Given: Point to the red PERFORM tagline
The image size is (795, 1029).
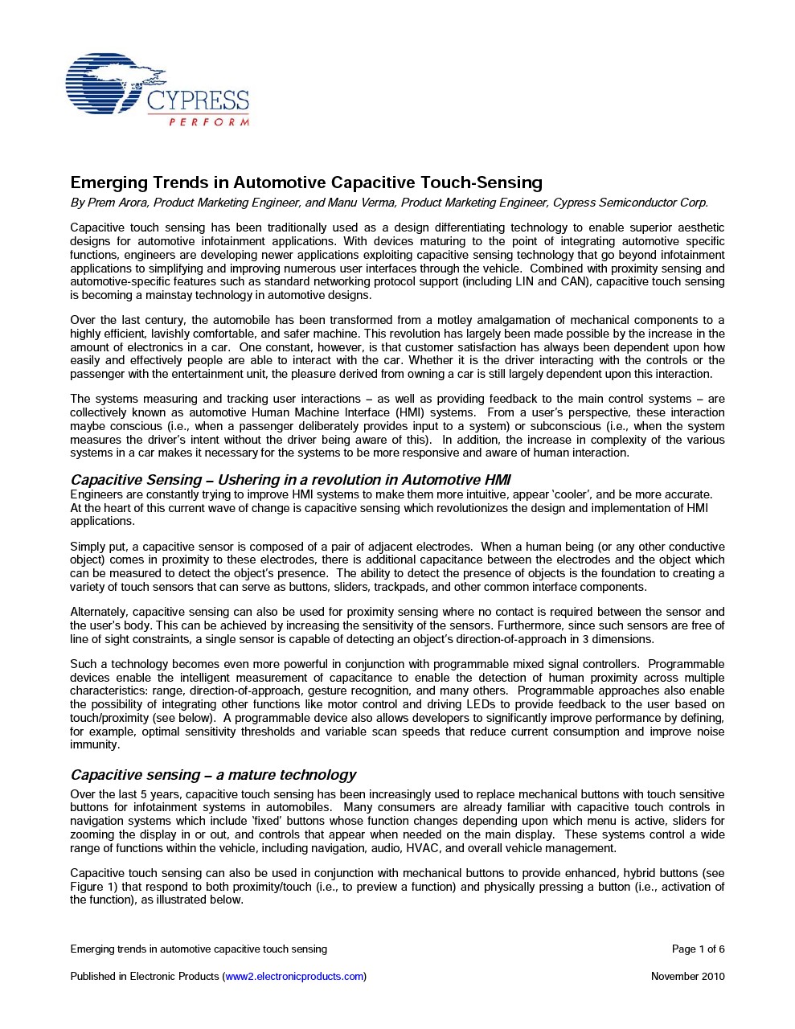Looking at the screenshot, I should (x=209, y=122).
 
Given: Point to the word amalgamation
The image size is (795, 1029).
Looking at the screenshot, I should (x=510, y=320).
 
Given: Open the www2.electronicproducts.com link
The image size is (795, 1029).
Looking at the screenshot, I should (x=294, y=976).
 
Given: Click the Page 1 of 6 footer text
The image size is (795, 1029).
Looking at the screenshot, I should (x=698, y=949).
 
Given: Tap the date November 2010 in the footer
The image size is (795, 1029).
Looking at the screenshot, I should (x=687, y=976).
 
